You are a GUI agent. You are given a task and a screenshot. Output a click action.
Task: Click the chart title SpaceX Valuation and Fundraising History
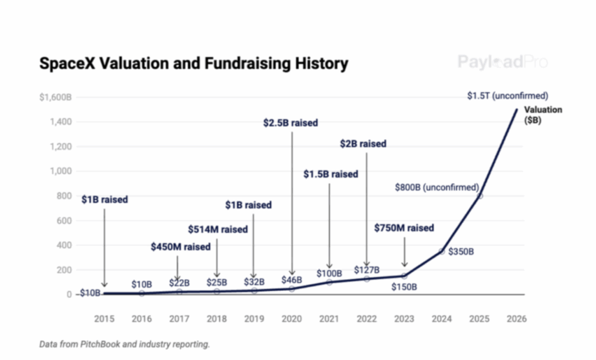(193, 63)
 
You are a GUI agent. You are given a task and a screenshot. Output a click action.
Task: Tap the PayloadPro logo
(502, 62)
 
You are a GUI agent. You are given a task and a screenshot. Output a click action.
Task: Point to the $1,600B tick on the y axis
(55, 97)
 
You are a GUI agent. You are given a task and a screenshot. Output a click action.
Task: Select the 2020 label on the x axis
(292, 319)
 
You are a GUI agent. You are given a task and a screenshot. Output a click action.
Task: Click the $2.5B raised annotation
(292, 123)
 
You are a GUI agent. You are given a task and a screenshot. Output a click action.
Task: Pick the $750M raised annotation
(404, 228)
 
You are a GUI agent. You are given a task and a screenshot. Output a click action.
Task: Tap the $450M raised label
(180, 247)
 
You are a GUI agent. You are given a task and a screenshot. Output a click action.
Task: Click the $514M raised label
(218, 229)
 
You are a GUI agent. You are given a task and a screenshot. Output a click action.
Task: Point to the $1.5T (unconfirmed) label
(508, 96)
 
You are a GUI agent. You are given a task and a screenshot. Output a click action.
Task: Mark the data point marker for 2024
(442, 251)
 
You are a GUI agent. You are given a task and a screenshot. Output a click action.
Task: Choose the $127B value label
(367, 270)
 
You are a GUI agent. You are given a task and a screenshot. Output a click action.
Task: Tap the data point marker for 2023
(405, 276)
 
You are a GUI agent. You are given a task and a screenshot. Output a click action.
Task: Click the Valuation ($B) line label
(543, 115)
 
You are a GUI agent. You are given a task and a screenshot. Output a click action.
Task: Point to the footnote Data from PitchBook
(125, 344)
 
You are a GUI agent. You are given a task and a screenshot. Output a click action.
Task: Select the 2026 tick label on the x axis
(517, 319)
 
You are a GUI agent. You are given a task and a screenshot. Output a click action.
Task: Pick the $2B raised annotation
(363, 143)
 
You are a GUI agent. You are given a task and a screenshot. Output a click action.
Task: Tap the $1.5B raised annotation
(331, 174)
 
